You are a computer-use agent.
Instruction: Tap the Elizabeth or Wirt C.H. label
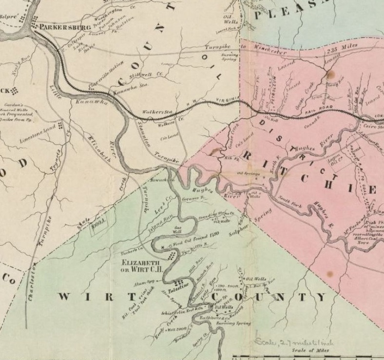141,264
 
